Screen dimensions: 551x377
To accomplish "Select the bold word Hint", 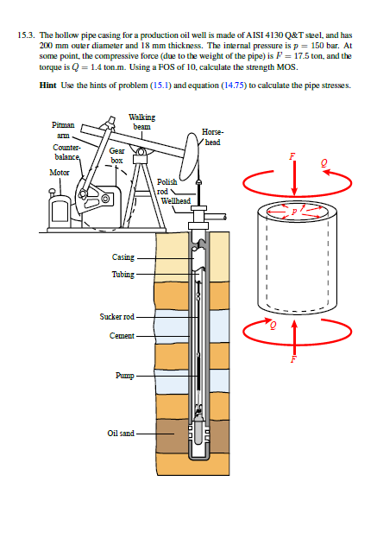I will pyautogui.click(x=48, y=85).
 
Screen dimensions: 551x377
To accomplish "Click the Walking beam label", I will pyautogui.click(x=141, y=121).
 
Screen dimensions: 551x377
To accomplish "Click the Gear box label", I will pyautogui.click(x=116, y=155).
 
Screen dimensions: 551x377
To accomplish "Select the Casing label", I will pyautogui.click(x=123, y=257).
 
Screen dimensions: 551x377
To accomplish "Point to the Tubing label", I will pyautogui.click(x=123, y=274).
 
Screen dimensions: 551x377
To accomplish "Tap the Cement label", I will pyautogui.click(x=123, y=334).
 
